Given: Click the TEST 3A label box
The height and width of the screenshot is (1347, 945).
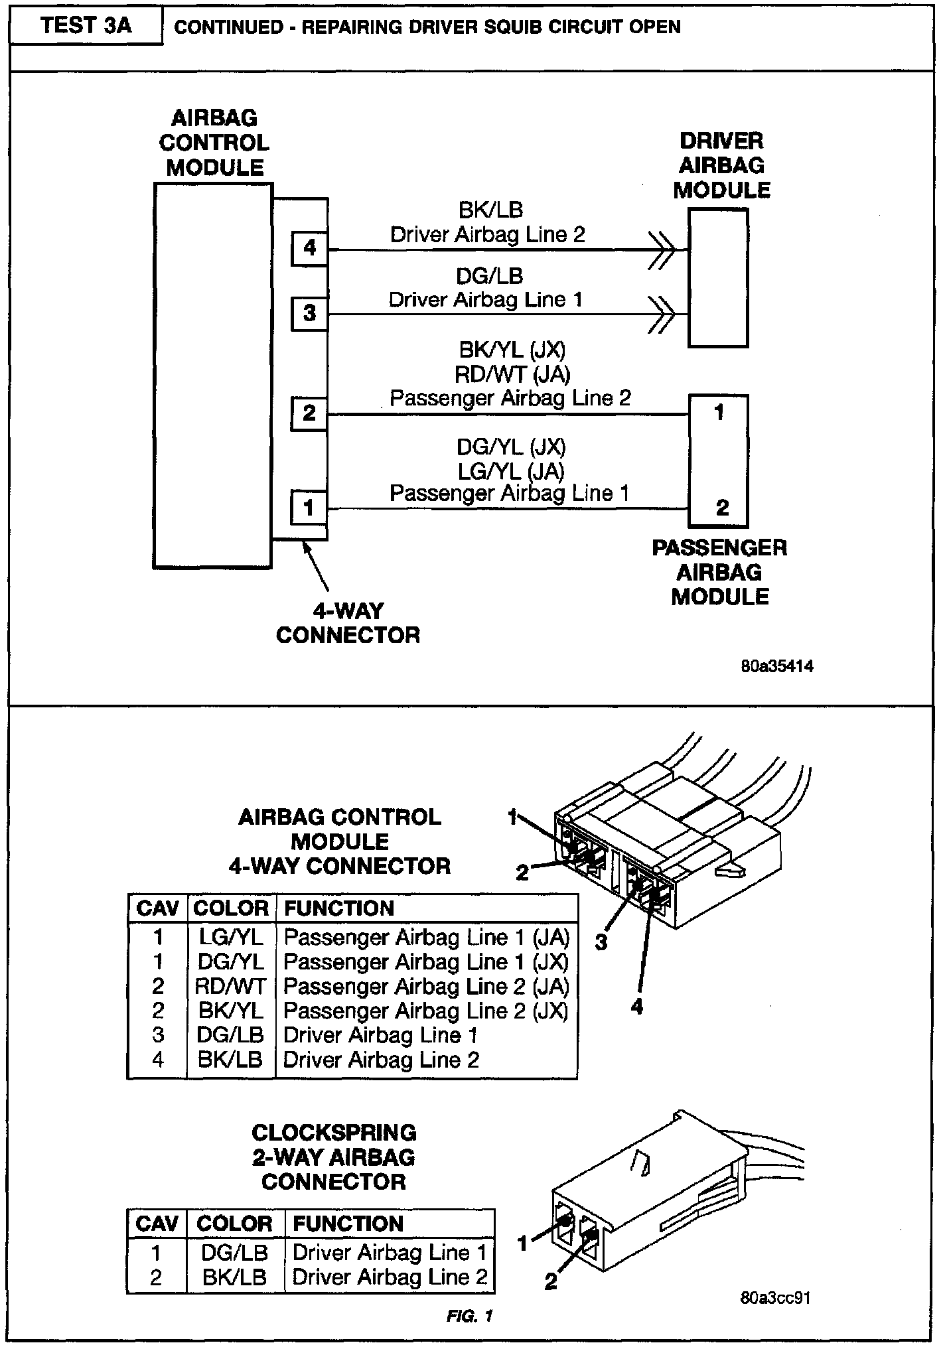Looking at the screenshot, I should [86, 27].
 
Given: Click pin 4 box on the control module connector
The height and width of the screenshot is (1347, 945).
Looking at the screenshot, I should [309, 248].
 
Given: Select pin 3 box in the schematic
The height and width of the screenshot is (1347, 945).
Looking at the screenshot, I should [309, 313].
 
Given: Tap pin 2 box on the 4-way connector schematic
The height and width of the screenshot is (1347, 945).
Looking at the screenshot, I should [309, 413].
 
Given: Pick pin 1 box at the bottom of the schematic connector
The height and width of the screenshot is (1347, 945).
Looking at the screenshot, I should [309, 508].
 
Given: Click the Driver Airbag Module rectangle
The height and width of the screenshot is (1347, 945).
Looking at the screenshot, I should [718, 278].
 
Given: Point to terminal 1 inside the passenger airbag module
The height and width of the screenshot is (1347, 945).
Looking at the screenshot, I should [719, 413].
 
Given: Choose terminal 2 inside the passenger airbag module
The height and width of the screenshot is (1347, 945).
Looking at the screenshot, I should [722, 508].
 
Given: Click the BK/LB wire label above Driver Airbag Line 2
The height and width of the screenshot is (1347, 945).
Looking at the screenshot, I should [490, 210].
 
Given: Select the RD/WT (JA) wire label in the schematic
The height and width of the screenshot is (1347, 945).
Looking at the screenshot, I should [512, 374].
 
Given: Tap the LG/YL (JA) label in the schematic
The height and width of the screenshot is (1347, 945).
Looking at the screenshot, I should [511, 471].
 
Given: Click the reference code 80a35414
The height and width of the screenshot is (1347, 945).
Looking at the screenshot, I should [777, 666].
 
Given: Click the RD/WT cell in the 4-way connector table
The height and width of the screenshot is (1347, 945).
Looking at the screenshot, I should [230, 986].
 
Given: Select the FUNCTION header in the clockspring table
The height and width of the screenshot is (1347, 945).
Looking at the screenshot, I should [348, 1224].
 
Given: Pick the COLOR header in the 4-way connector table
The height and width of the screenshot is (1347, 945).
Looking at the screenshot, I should [230, 908].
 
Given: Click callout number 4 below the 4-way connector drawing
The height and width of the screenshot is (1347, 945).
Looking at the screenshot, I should [637, 1007].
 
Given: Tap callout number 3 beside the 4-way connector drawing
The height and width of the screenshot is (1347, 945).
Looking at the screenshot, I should [601, 942].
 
